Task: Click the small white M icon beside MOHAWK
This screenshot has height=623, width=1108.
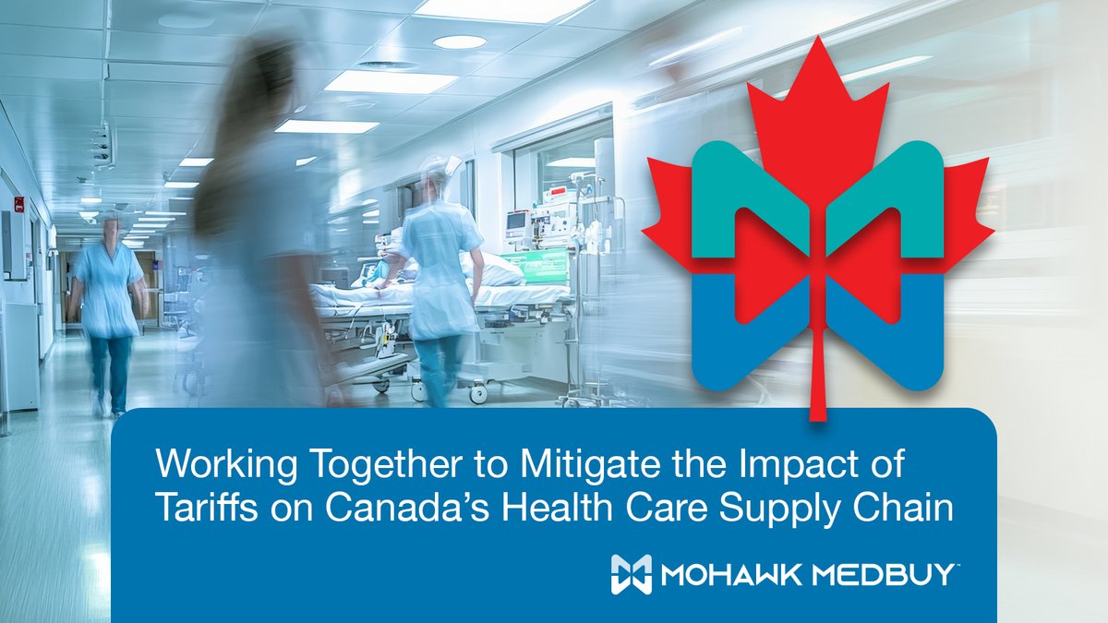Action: [631, 574]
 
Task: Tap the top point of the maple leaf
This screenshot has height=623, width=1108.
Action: [817, 42]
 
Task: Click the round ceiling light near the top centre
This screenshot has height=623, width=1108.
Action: [459, 42]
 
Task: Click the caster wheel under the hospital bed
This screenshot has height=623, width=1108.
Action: [477, 393]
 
